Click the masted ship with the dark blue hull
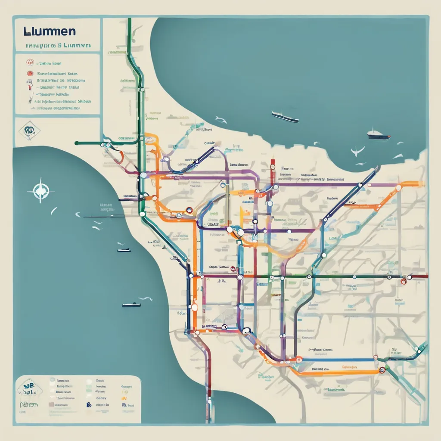tap(379, 135)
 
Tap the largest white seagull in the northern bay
tap(357, 151)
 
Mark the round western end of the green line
tap(76, 143)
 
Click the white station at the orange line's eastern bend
tap(398, 188)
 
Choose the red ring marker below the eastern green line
tap(404, 282)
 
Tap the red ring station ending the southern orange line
tap(382, 370)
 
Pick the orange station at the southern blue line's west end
tap(298, 358)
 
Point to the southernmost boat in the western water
tap(131, 304)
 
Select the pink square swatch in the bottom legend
tap(51, 405)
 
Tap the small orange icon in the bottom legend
tap(125, 399)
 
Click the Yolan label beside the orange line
tap(181, 313)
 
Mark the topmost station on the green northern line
tap(141, 91)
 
